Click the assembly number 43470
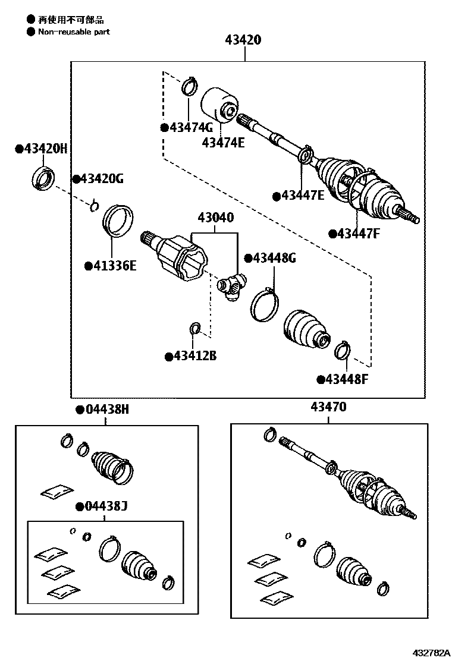point(328,408)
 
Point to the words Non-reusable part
point(74,32)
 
